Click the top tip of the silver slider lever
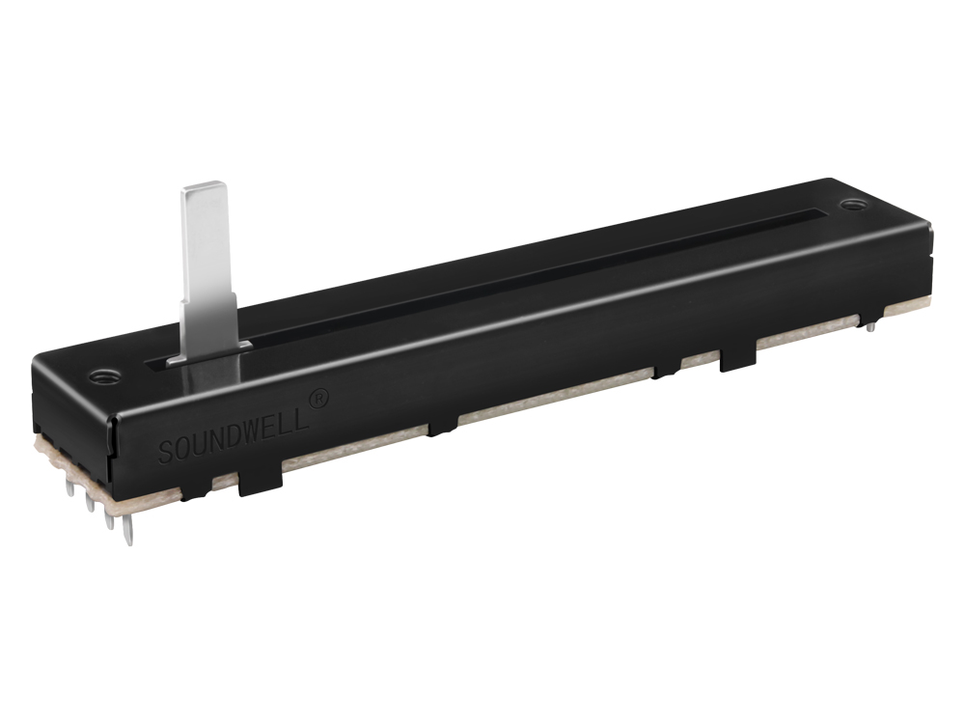(203, 183)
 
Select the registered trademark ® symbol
(317, 399)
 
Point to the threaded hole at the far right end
(851, 204)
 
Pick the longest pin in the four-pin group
(126, 530)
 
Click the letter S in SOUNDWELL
(166, 452)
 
